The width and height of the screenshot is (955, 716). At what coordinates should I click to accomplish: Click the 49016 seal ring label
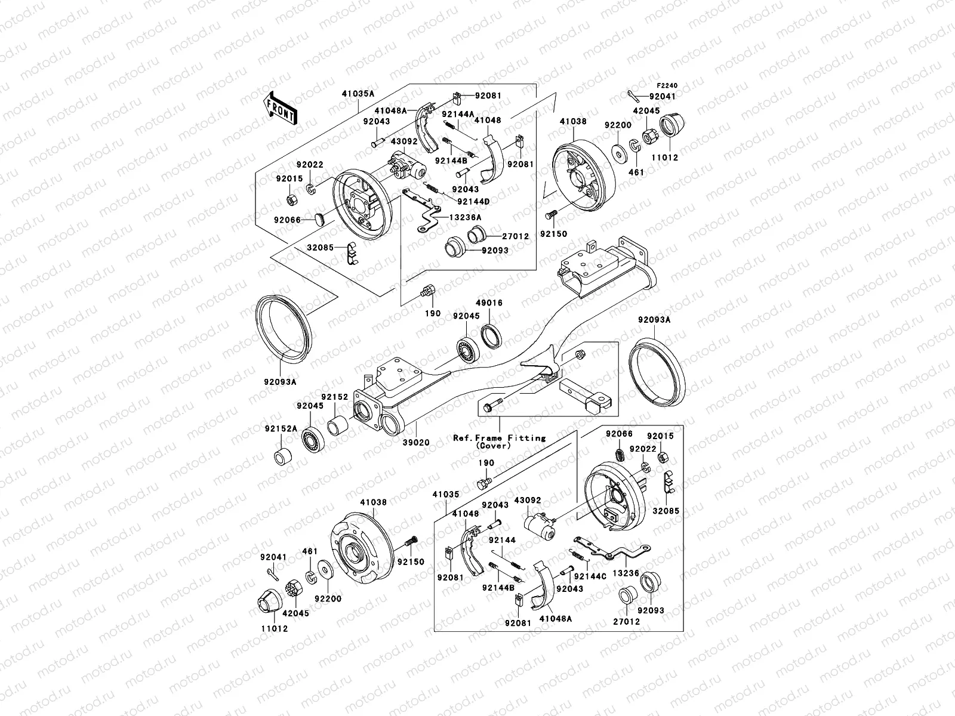489,303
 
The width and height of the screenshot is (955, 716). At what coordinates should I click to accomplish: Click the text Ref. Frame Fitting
499,437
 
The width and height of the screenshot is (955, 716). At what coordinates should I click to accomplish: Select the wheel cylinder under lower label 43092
539,525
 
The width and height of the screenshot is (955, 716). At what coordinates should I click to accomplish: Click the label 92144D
474,202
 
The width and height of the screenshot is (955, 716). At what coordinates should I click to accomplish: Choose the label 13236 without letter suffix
626,573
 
